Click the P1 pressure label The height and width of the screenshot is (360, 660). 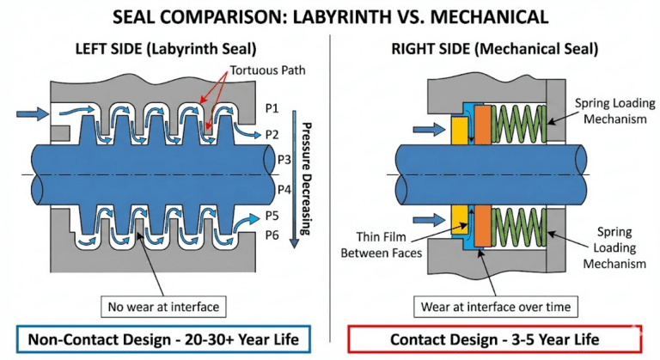pos(272,108)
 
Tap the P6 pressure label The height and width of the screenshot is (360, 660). pos(272,235)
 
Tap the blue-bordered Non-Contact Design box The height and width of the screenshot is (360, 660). pos(163,339)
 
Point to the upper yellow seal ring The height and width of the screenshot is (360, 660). pos(459,130)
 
